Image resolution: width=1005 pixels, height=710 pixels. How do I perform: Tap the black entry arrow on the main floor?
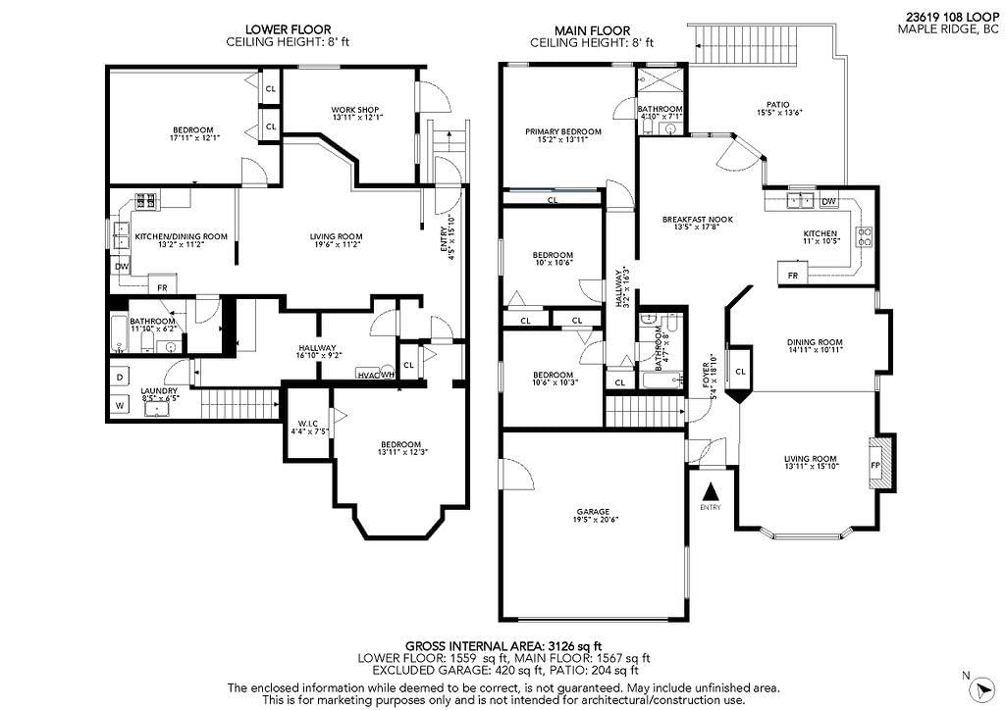(x=711, y=491)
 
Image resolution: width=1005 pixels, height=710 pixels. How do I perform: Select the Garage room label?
(x=593, y=512)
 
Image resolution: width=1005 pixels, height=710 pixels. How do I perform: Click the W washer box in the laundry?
(x=120, y=405)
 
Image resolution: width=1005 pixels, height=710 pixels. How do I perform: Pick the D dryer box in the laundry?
(x=120, y=378)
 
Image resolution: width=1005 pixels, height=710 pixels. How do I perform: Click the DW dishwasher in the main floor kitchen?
(x=828, y=201)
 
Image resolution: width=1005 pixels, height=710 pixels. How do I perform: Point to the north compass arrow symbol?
(x=980, y=690)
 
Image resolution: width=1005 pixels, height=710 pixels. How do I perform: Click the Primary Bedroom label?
(x=563, y=131)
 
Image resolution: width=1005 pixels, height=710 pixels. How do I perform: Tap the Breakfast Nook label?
(x=698, y=219)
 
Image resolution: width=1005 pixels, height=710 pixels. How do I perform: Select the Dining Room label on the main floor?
(x=815, y=342)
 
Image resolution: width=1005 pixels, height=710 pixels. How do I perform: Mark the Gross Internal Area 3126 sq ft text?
(x=503, y=645)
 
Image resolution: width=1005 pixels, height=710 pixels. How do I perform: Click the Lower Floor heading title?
(x=289, y=29)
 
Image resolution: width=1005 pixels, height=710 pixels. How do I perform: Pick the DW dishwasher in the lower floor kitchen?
(x=121, y=267)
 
